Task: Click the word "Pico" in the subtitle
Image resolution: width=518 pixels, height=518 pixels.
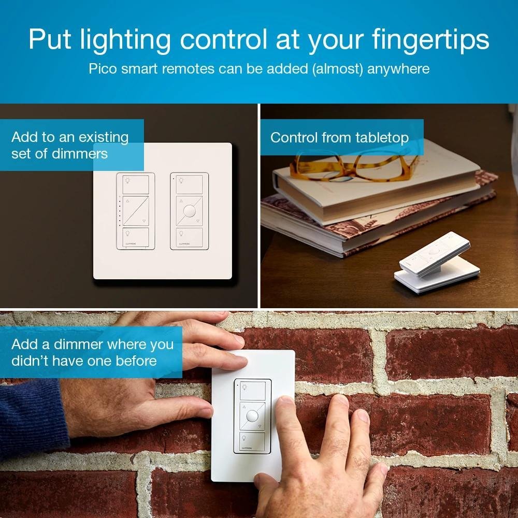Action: click(x=103, y=69)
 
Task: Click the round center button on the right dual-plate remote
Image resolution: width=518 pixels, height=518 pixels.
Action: click(x=190, y=211)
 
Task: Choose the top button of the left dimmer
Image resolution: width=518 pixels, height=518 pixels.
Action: click(x=136, y=184)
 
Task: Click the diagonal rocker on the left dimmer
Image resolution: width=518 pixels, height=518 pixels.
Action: click(x=136, y=211)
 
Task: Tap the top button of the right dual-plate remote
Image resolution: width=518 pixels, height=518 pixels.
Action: click(x=191, y=183)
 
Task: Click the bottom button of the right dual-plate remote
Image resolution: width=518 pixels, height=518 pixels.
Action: click(x=190, y=238)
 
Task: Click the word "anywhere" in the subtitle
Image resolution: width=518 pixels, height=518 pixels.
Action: click(x=398, y=69)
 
